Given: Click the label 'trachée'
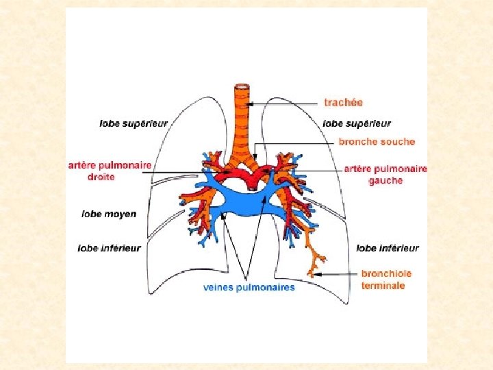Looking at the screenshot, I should pyautogui.click(x=343, y=103).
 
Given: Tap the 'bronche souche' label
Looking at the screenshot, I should pyautogui.click(x=377, y=142).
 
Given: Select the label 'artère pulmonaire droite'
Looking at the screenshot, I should pyautogui.click(x=110, y=171).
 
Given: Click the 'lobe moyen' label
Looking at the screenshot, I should pyautogui.click(x=109, y=214).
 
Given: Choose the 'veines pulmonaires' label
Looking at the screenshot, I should pyautogui.click(x=249, y=287).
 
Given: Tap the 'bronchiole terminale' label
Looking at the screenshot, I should pyautogui.click(x=386, y=279).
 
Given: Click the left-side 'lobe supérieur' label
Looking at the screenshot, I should pyautogui.click(x=133, y=124).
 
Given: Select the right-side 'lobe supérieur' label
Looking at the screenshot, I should pyautogui.click(x=357, y=124).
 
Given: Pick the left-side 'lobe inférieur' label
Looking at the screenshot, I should pyautogui.click(x=110, y=247).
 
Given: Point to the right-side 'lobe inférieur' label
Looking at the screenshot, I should pyautogui.click(x=388, y=248).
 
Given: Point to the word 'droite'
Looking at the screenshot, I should pyautogui.click(x=101, y=177).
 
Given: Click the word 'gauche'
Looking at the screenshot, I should pyautogui.click(x=385, y=181).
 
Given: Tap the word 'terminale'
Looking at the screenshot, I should pyautogui.click(x=383, y=285).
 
